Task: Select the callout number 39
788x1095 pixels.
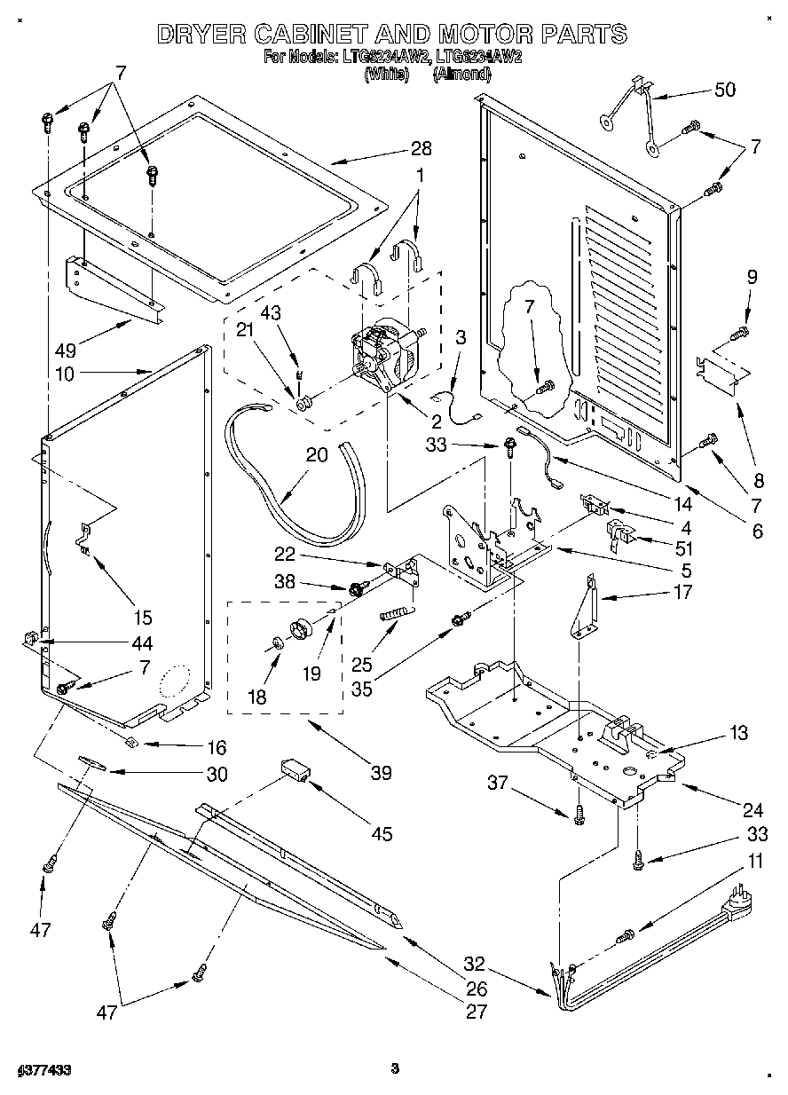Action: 380,773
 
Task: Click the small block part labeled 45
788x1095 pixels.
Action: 295,768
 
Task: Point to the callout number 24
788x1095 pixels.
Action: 753,809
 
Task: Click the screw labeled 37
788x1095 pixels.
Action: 578,813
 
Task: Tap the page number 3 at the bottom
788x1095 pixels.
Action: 395,1068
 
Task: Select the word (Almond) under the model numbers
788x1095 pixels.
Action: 461,75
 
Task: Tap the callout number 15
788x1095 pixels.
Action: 142,617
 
